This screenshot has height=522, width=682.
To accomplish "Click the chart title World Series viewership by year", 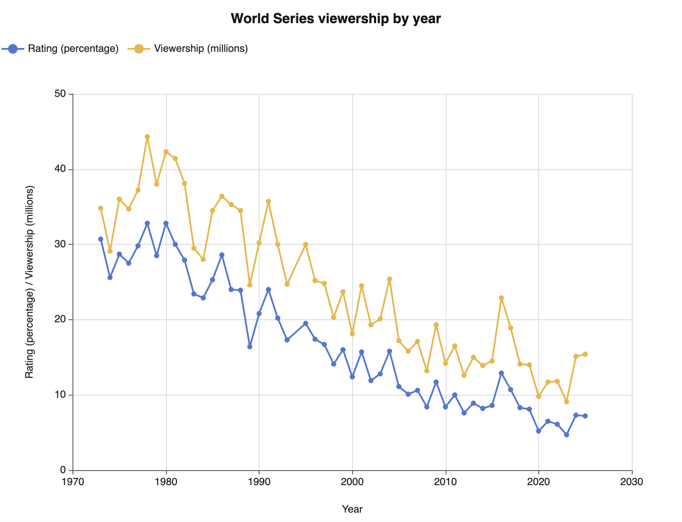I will coord(335,19).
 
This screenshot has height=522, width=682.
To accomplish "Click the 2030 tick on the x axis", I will coord(632,482).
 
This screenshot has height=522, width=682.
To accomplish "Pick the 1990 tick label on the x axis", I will coord(259,482).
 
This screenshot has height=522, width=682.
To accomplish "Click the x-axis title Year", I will coord(352,509).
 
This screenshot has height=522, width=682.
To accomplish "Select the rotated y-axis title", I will coord(29,282).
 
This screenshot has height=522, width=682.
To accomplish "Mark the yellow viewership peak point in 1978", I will coord(147,137).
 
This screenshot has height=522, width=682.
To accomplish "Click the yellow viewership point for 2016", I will coord(501,298).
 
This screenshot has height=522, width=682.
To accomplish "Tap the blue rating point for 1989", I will coord(250,347).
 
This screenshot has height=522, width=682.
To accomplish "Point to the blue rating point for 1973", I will coord(101,239).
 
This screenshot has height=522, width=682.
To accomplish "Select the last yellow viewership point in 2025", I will coord(585,354).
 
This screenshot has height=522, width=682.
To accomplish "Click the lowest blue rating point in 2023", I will coord(567,435).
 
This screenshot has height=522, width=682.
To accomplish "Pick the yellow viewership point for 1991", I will coord(269,201).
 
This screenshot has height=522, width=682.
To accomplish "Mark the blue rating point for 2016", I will coord(501,373).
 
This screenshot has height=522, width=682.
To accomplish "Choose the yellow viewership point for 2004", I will coord(389,279).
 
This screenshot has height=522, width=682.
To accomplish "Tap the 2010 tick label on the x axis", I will coord(446,482).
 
